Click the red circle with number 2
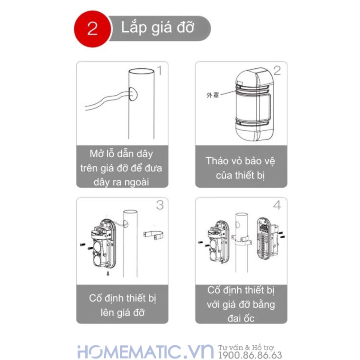pos(92,28)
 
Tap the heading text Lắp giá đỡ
pos(157,27)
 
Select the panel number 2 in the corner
pos(277,71)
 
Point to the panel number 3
pos(160,205)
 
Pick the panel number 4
pos(277,205)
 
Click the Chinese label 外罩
pos(212,95)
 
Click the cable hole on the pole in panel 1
pos(133,94)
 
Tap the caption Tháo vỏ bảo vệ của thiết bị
pos(241,168)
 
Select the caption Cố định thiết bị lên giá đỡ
pos(122,305)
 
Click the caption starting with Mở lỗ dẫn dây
pos(122,168)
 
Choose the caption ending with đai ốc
pos(241,304)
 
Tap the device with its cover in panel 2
pos(252,105)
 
